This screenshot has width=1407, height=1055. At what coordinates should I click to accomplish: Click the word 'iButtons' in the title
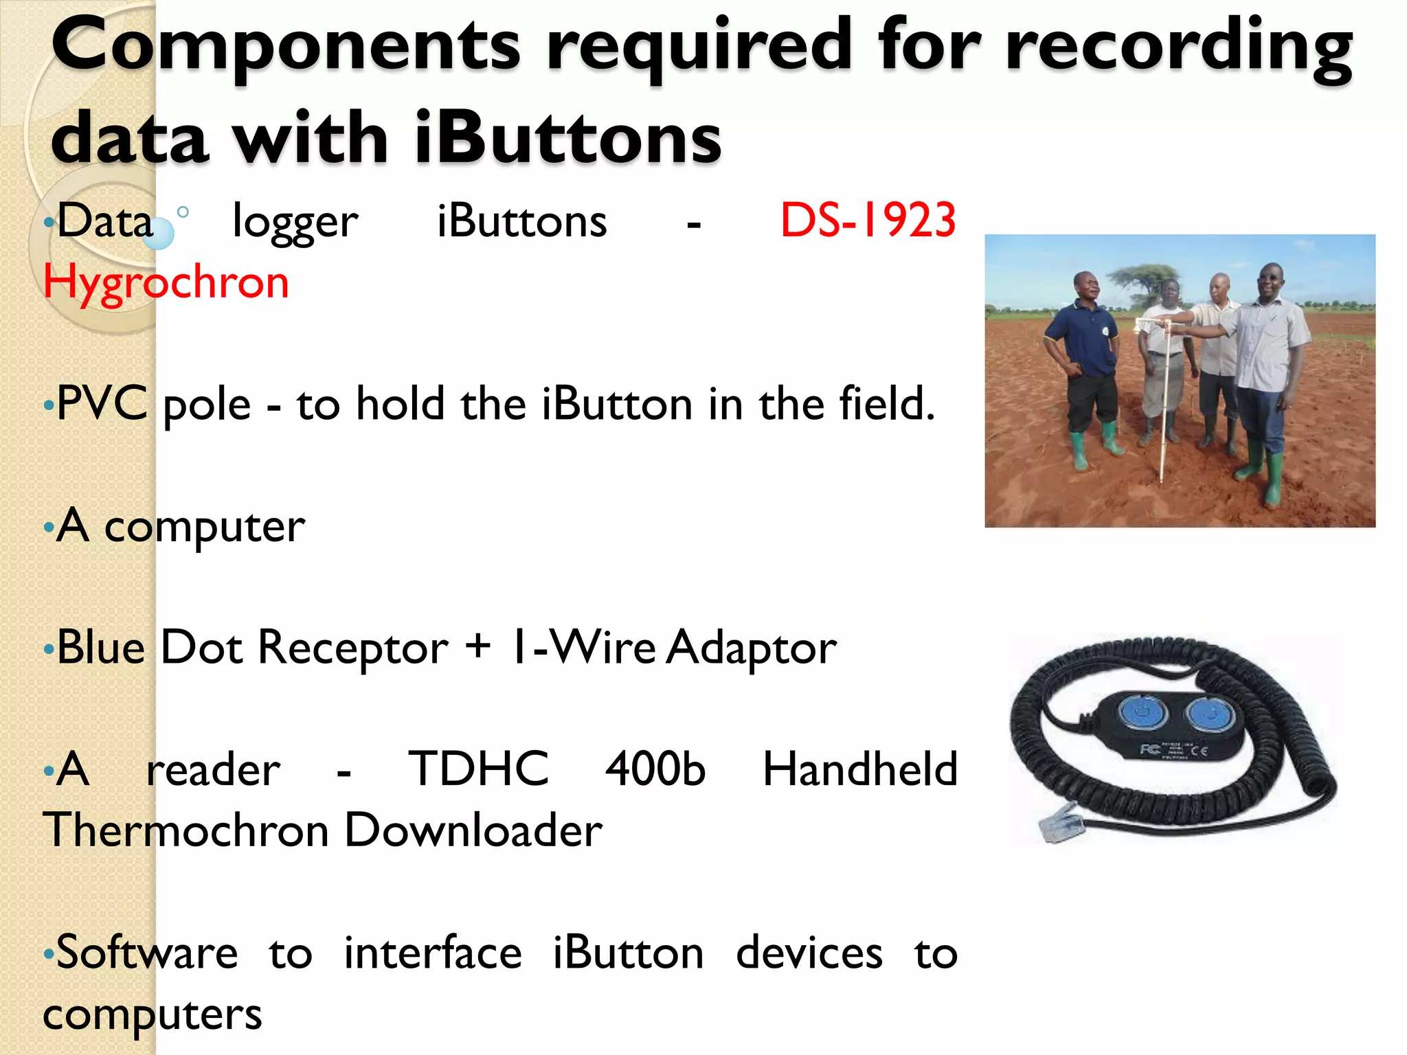568,139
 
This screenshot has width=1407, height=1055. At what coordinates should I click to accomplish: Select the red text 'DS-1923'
868,221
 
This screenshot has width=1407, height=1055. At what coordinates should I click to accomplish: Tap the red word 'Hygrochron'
166,282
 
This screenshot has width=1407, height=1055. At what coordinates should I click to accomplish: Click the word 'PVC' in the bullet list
102,403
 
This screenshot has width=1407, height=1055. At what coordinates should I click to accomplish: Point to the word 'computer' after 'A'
204,527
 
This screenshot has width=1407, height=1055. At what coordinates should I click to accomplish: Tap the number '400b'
655,769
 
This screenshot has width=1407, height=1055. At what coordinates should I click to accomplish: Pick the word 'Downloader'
473,830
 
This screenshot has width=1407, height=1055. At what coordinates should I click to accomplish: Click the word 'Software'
147,953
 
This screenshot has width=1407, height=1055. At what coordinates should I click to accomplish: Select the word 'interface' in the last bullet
433,953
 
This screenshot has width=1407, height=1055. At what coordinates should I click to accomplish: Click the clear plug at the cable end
1060,821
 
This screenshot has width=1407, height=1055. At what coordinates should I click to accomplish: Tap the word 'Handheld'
860,769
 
